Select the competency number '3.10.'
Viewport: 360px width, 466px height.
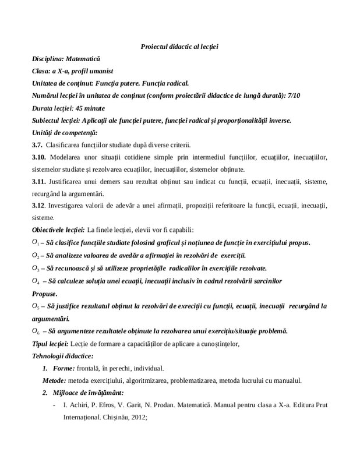click(x=40, y=157)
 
